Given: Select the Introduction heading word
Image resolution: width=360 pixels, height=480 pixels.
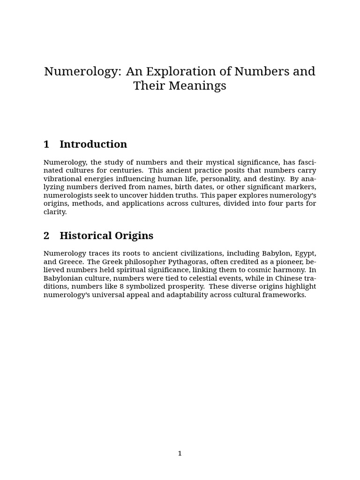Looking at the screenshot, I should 93,144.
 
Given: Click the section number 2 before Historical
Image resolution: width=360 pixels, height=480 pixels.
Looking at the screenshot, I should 46,236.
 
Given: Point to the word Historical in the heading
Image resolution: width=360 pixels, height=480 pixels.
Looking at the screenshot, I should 86,236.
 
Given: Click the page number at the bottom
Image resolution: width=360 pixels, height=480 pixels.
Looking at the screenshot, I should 180,453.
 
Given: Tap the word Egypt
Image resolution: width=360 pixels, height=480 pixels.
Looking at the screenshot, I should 305,254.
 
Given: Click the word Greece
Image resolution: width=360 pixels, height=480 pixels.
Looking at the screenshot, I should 71,262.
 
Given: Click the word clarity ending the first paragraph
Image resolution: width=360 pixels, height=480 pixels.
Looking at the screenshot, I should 55,212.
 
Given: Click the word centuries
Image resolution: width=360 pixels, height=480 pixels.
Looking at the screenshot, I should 127,170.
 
